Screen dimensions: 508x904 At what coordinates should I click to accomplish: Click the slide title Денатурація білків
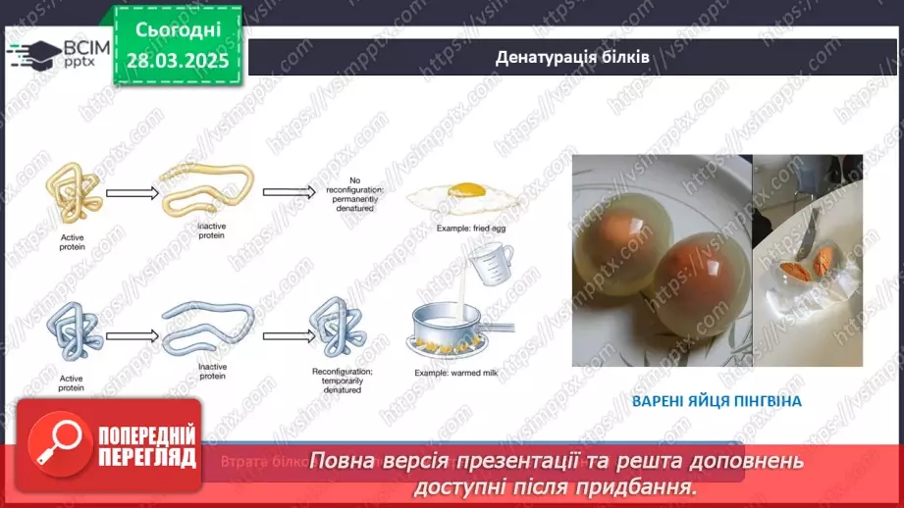tap(573, 57)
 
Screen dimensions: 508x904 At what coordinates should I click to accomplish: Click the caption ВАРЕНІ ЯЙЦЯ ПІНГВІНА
tap(717, 401)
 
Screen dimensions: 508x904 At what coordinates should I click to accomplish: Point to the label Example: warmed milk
tap(454, 374)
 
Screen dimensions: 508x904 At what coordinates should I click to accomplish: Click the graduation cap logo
tap(32, 53)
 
